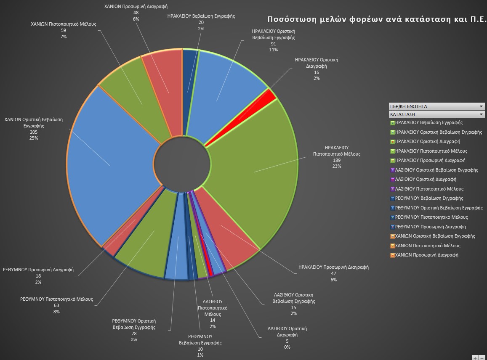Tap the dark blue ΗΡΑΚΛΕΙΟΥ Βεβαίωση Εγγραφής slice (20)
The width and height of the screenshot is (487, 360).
[x=189, y=84]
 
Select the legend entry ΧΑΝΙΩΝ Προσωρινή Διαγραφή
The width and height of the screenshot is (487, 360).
[x=427, y=255]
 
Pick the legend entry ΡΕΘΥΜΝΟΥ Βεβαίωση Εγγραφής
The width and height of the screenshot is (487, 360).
[x=429, y=199]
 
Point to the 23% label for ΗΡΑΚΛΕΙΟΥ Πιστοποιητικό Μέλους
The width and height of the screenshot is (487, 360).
[x=336, y=167]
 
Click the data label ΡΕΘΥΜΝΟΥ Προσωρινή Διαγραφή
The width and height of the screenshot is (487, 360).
[x=38, y=270]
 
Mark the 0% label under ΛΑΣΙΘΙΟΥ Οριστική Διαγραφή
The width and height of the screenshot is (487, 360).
[x=287, y=347]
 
